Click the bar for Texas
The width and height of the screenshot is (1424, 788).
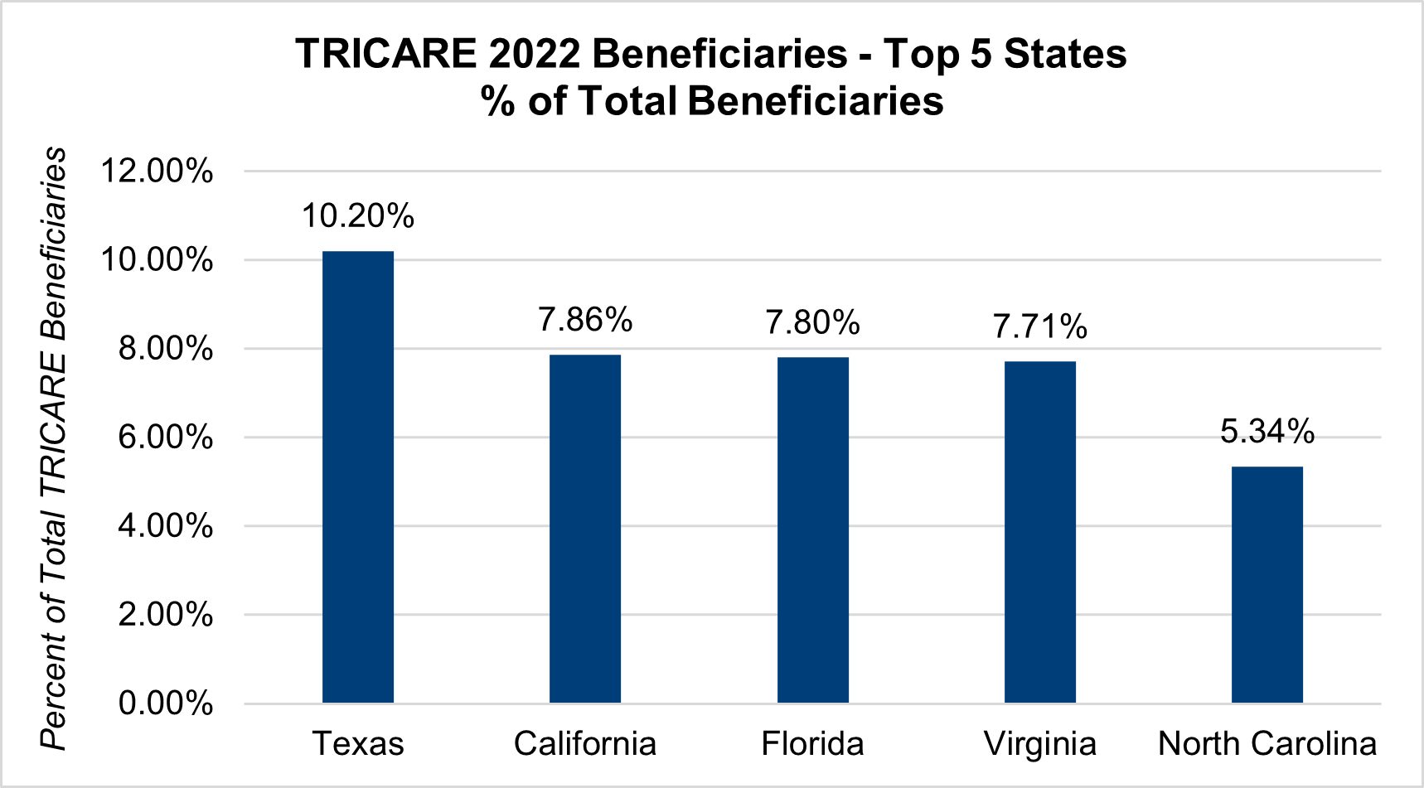pyautogui.click(x=357, y=476)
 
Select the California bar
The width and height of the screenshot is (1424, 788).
pyautogui.click(x=584, y=529)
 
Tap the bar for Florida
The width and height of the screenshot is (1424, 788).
pyautogui.click(x=812, y=530)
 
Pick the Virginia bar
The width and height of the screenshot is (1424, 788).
pyautogui.click(x=1039, y=532)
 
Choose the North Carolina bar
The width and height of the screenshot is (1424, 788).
pyautogui.click(x=1267, y=585)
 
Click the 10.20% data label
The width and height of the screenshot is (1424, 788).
pyautogui.click(x=357, y=216)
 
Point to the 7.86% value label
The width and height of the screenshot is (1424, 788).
pyautogui.click(x=585, y=320)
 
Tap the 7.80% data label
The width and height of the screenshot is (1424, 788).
pyautogui.click(x=812, y=322)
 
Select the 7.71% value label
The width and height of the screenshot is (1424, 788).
pyautogui.click(x=1039, y=326)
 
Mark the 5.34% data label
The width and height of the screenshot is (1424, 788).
pyautogui.click(x=1267, y=432)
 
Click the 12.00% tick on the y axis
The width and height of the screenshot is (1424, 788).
pyautogui.click(x=157, y=172)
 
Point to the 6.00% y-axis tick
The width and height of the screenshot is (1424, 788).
pyautogui.click(x=165, y=438)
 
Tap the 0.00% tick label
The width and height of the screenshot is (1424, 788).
pyautogui.click(x=165, y=703)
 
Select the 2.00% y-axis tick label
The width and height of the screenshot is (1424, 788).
pyautogui.click(x=165, y=615)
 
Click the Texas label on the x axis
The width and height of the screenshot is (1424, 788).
pyautogui.click(x=357, y=744)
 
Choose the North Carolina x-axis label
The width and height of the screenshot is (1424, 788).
pyautogui.click(x=1267, y=744)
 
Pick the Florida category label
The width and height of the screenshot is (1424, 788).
pyautogui.click(x=812, y=744)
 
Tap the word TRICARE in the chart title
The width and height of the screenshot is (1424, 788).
pyautogui.click(x=386, y=55)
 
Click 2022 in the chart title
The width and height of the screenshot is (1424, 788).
pyautogui.click(x=534, y=55)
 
